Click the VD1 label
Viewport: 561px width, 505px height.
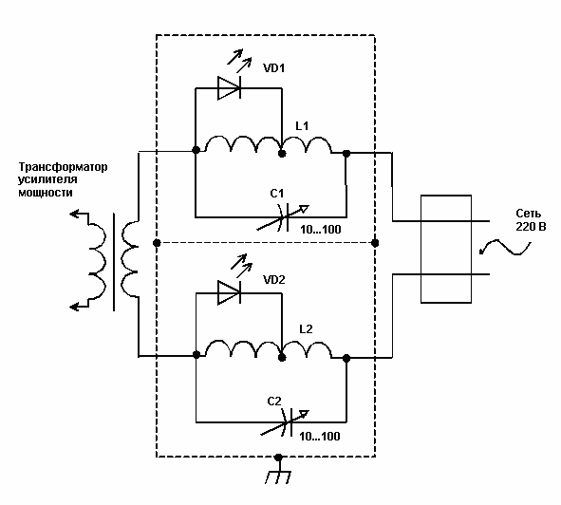274,68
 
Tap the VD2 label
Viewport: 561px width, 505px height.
274,279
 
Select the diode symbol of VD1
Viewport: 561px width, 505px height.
230,87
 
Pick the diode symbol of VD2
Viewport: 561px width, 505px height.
230,292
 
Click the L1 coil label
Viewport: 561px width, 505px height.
302,126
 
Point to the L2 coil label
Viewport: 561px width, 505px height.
306,328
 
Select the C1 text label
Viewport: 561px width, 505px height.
277,194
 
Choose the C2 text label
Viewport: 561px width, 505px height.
274,402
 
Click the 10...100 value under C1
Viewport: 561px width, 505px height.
321,230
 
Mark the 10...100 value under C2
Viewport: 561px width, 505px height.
320,437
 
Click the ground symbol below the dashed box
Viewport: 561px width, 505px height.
278,473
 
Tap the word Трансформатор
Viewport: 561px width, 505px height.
63,167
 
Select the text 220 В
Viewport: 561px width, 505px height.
531,227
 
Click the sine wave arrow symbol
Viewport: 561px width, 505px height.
504,248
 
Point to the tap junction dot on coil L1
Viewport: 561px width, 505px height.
282,154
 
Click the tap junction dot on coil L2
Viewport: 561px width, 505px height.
282,357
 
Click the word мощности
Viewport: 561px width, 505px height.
46,193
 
